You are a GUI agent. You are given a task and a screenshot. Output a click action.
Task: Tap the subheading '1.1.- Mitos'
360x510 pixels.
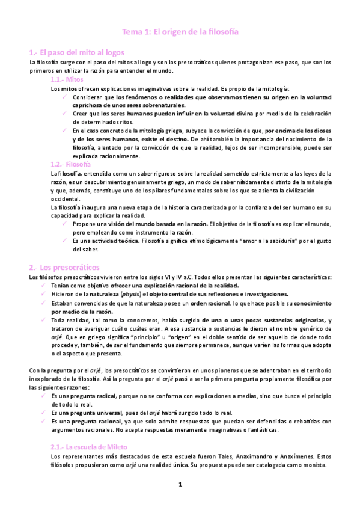[67, 79]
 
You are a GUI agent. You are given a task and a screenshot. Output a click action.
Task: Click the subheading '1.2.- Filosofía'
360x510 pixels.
[71, 164]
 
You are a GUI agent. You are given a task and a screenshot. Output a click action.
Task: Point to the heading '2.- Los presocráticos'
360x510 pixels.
[64, 266]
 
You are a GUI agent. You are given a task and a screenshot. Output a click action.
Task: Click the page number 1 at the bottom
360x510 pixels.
[180, 484]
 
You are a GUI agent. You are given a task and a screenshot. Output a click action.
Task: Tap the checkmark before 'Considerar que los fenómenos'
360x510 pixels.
[65, 96]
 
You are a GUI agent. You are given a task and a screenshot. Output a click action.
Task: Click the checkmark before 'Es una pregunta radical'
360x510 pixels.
[44, 396]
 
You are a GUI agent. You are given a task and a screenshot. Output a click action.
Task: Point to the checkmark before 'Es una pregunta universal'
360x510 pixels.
[44, 413]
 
